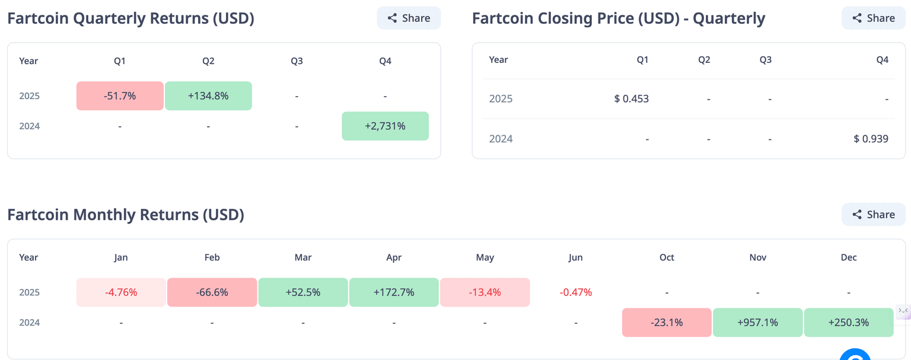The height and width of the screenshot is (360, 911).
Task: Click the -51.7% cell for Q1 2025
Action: (120, 95)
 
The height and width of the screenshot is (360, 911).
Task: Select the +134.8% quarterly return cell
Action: (208, 95)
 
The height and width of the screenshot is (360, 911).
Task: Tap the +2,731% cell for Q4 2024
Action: (385, 126)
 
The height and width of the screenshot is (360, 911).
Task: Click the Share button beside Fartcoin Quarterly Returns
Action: (409, 18)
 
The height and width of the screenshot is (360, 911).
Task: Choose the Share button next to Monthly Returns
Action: (873, 214)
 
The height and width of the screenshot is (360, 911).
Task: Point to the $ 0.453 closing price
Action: (631, 98)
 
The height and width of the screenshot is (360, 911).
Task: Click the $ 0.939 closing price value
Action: (871, 139)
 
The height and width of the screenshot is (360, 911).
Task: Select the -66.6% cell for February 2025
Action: (212, 292)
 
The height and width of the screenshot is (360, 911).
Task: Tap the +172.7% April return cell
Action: (394, 292)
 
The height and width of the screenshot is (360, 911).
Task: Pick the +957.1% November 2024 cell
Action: (757, 323)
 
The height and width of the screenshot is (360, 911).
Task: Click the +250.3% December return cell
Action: (848, 323)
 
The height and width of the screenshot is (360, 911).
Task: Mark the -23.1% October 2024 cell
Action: (667, 323)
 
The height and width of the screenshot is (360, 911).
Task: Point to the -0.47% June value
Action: (575, 292)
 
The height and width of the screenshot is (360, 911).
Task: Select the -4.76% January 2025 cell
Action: (121, 292)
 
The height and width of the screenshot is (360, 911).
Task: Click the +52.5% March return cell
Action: (303, 292)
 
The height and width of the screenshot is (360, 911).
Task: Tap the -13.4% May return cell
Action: (485, 292)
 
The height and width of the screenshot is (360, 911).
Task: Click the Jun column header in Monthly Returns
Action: (575, 257)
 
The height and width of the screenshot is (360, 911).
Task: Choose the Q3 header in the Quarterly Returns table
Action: (297, 60)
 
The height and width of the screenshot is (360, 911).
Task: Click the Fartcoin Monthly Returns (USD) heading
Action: (126, 214)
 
